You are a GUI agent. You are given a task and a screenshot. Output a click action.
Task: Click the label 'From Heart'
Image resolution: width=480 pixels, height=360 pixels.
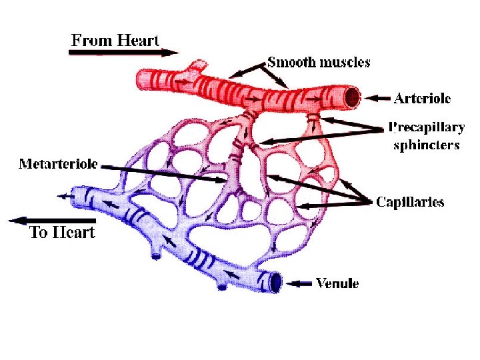(x=115, y=40)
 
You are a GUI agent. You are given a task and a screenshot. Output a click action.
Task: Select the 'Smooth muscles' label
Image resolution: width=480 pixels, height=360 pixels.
(x=319, y=63)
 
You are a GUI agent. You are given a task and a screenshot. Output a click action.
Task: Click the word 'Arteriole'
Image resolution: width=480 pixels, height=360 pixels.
(x=423, y=99)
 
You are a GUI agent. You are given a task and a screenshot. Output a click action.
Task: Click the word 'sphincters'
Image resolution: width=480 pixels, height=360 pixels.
(x=427, y=145)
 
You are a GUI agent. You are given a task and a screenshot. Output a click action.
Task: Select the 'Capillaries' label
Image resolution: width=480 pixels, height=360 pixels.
(x=410, y=202)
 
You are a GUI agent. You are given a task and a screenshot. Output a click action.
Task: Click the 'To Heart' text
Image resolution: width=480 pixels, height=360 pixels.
(x=63, y=233)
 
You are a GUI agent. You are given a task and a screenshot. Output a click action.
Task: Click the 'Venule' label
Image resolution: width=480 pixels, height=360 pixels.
(x=337, y=284)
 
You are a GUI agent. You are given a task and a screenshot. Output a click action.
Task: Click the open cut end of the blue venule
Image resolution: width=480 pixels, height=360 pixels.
(x=275, y=283)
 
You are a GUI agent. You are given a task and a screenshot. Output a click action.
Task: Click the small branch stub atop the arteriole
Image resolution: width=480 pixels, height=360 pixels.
(x=197, y=65)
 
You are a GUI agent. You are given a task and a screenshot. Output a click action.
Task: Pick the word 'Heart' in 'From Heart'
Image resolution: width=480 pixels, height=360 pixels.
(x=138, y=40)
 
